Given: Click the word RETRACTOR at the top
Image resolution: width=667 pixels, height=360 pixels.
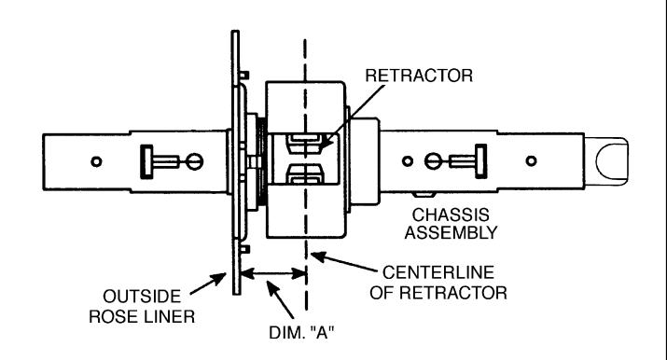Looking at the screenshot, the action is click(x=419, y=76).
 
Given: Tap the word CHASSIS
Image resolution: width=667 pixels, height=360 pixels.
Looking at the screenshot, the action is click(x=451, y=215).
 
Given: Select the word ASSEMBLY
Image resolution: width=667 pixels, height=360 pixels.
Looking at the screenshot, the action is click(x=451, y=233).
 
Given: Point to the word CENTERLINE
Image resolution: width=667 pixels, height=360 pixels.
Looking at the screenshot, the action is click(x=438, y=272).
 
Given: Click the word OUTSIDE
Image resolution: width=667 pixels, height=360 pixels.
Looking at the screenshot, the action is click(x=142, y=297).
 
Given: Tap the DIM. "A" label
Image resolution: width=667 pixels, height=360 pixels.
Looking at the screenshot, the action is click(x=301, y=332).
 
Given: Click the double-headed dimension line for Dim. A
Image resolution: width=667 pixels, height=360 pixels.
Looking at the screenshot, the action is click(x=273, y=273).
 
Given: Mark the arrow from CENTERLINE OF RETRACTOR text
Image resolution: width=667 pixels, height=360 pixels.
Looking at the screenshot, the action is click(x=344, y=262).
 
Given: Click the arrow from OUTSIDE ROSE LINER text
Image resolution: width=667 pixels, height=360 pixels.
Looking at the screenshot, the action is click(x=208, y=284).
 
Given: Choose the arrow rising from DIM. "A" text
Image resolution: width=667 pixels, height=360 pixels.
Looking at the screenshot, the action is click(x=280, y=298).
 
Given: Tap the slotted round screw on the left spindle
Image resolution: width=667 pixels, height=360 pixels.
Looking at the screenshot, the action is click(x=195, y=161).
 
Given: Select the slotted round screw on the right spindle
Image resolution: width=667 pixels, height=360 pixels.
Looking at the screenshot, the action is click(x=433, y=161).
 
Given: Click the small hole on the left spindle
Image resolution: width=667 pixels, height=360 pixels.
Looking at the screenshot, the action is click(x=97, y=161).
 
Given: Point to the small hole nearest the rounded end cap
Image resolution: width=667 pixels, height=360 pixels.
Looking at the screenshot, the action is click(x=531, y=160).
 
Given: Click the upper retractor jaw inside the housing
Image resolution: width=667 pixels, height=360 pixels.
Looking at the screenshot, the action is click(x=304, y=144).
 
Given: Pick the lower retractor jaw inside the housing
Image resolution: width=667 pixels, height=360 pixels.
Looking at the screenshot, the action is click(x=304, y=174).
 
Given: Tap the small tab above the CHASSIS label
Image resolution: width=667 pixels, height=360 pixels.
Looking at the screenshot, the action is click(x=424, y=194).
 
